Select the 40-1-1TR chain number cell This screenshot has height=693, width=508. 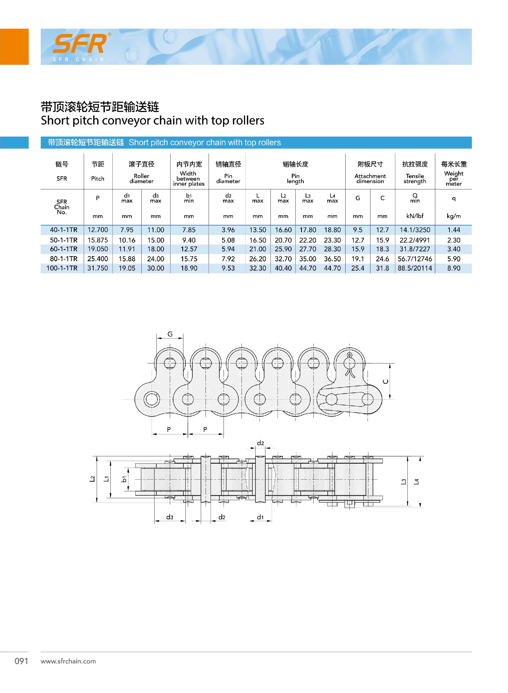[64, 230]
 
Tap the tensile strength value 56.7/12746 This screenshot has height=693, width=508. [415, 259]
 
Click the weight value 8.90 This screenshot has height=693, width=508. [453, 268]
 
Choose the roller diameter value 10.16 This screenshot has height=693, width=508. [127, 240]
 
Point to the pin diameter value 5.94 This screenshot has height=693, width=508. [228, 249]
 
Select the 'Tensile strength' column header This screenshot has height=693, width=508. [415, 178]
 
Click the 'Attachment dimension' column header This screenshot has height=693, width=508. [370, 178]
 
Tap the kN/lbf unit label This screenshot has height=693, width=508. [415, 216]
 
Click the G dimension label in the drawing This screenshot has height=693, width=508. [170, 334]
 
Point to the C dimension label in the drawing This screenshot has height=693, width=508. [385, 382]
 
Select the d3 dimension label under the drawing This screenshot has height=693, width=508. [169, 517]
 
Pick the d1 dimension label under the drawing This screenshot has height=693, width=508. [260, 517]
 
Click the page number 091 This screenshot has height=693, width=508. [21, 661]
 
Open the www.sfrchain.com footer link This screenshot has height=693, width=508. [68, 661]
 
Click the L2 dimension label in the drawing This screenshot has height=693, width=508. [92, 479]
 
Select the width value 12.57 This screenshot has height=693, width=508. [189, 249]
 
